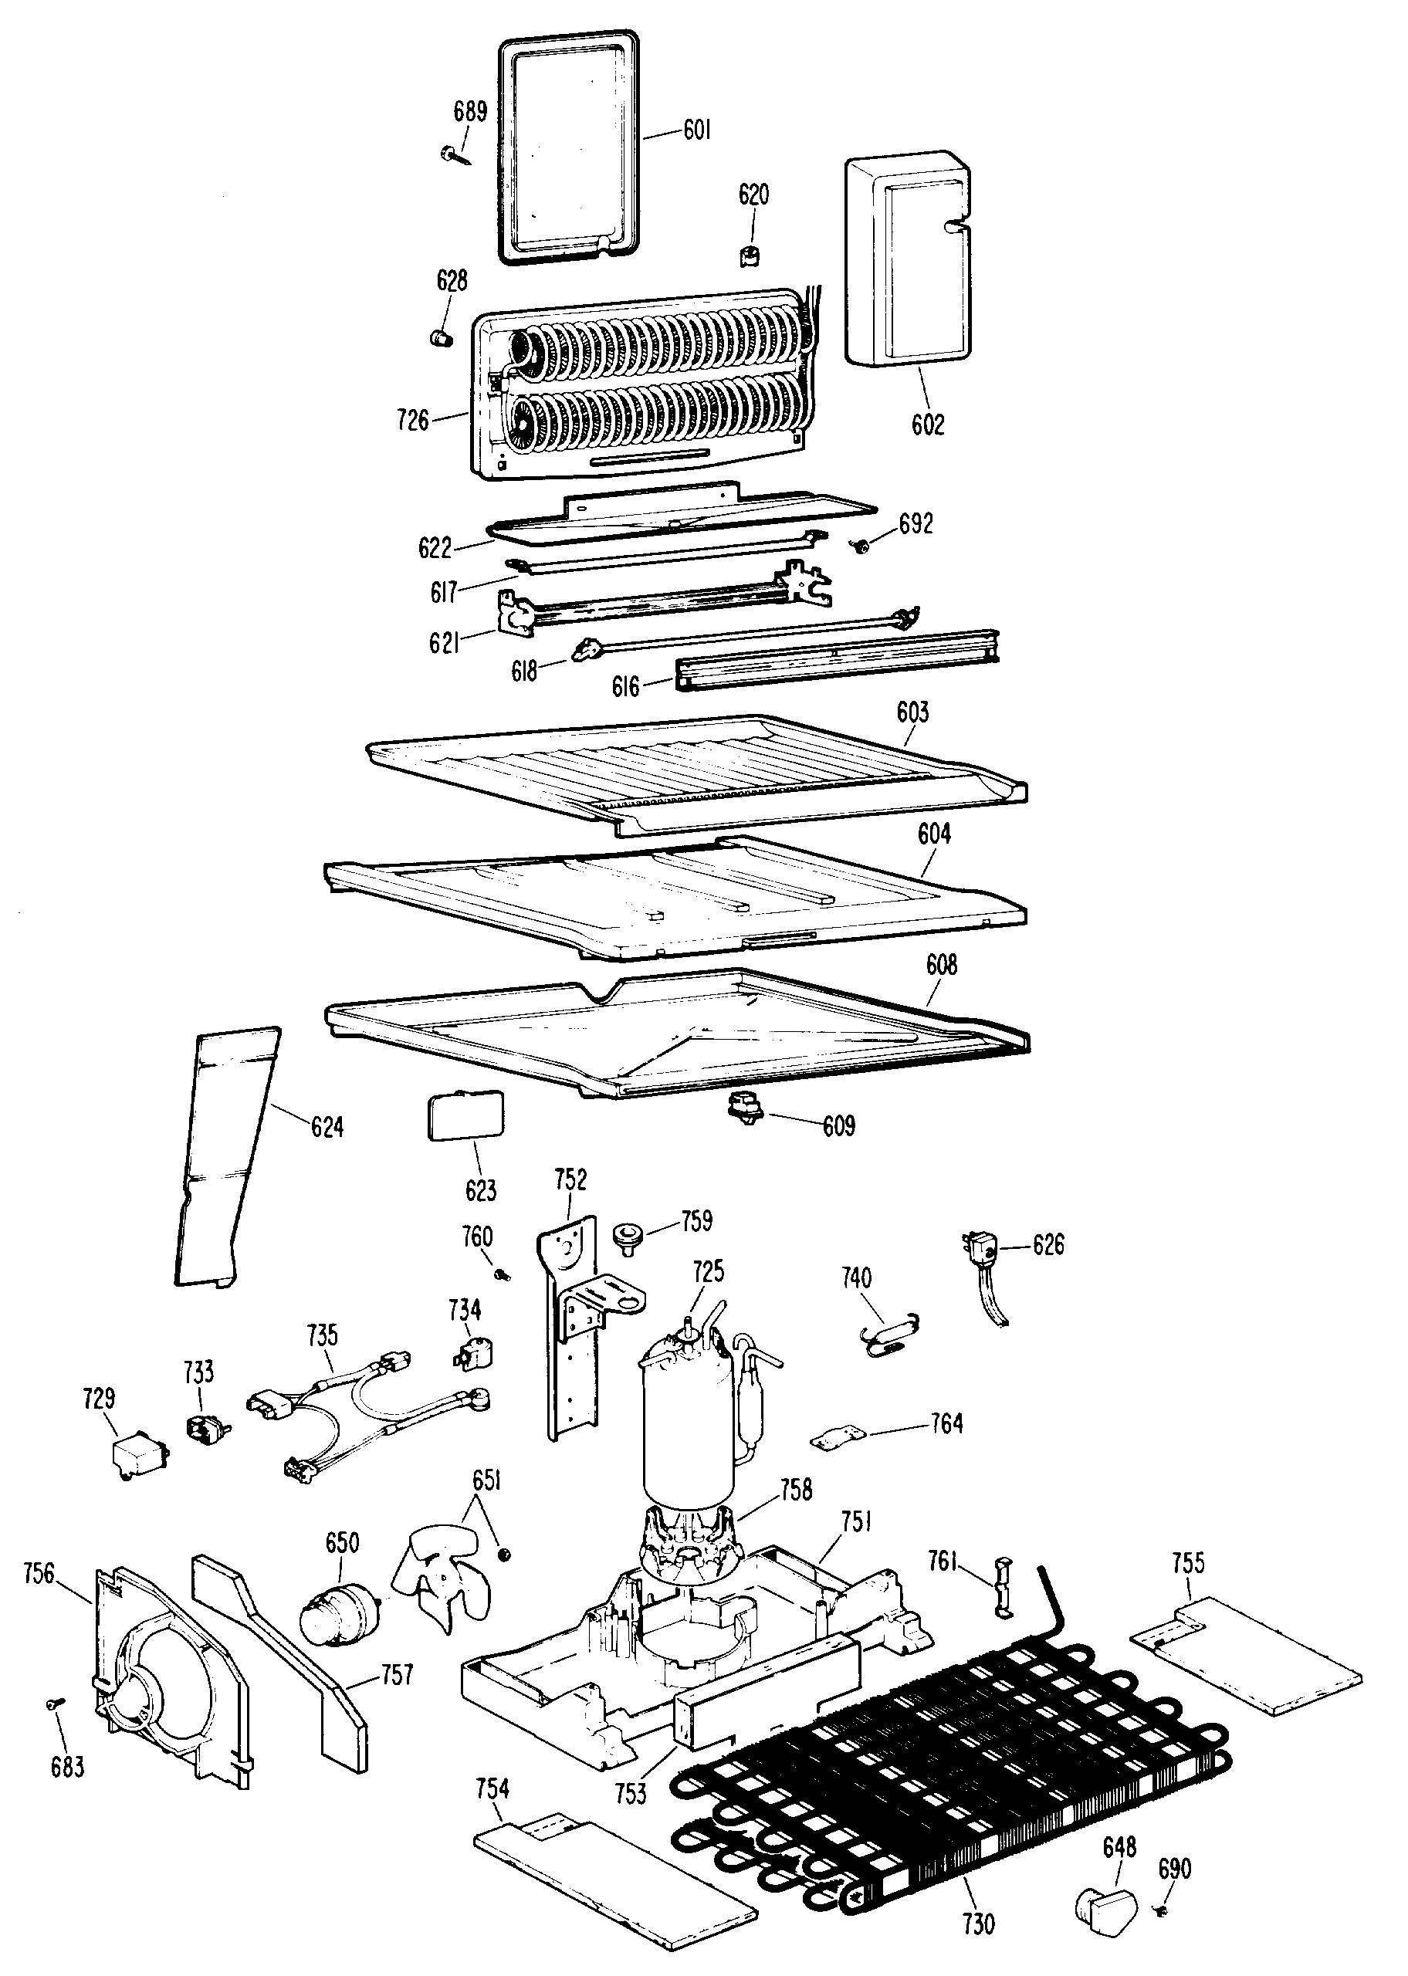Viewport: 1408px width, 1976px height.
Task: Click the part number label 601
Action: [696, 131]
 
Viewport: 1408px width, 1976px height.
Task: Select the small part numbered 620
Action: [752, 256]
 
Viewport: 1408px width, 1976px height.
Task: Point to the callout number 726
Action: [413, 421]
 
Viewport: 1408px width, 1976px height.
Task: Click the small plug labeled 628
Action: [443, 337]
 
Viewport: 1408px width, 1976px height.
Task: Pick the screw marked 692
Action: [861, 546]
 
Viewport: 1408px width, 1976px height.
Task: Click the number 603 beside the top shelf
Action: [912, 712]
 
